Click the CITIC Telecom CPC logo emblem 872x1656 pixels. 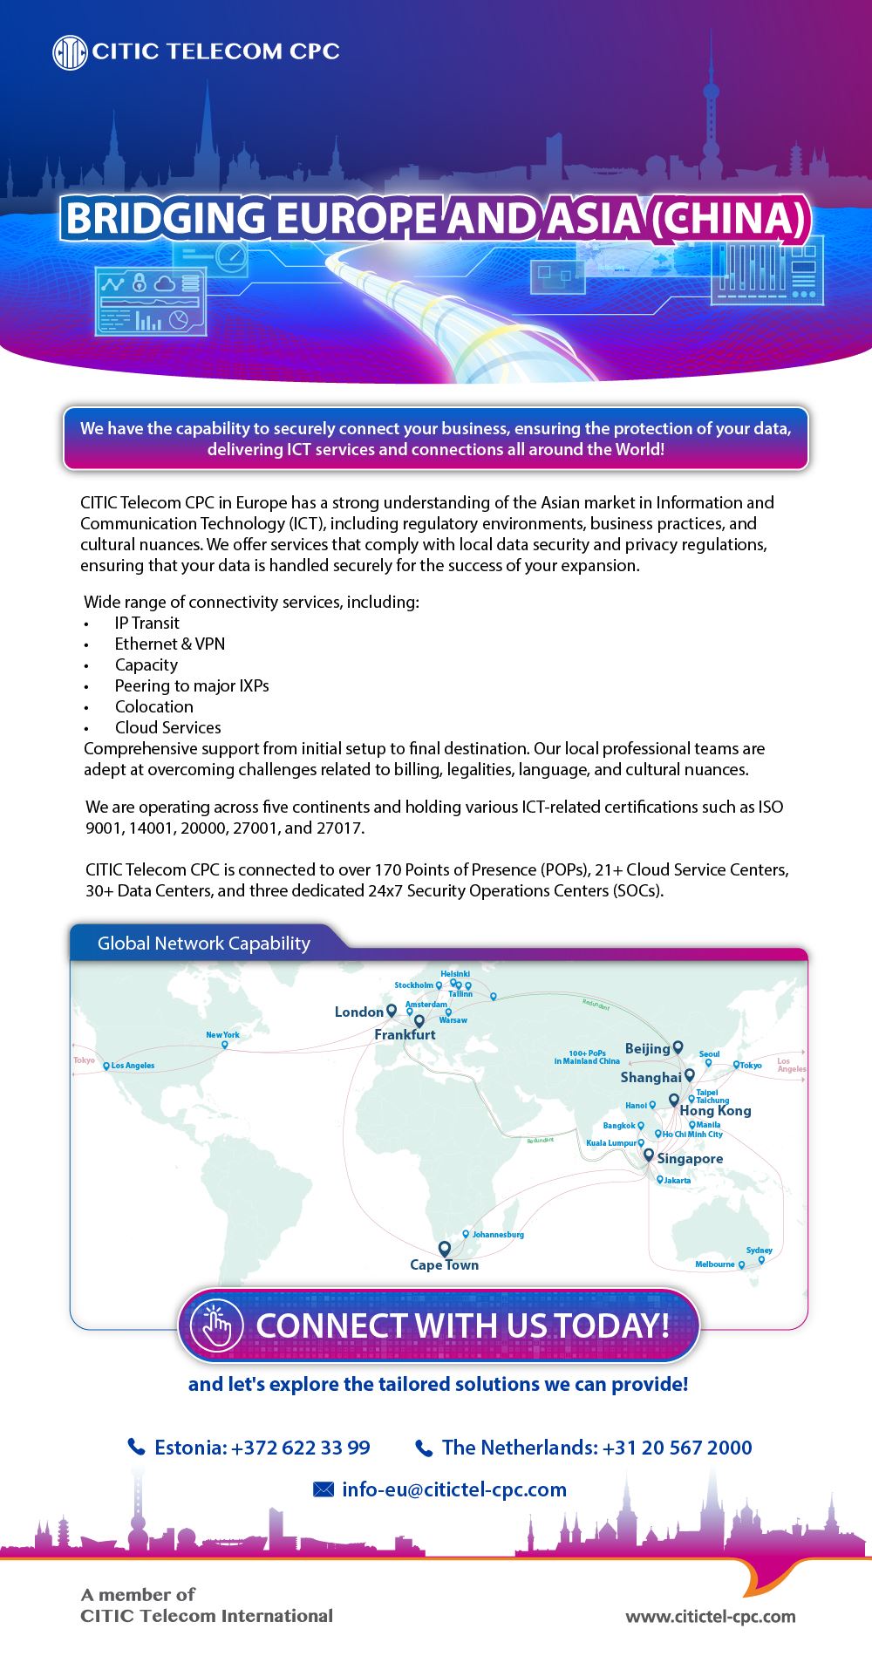pos(69,52)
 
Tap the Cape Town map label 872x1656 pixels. pos(444,1265)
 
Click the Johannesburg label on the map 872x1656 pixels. pos(498,1235)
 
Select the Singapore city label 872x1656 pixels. pos(690,1159)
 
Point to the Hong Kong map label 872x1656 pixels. pos(715,1111)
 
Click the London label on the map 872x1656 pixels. pos(358,1012)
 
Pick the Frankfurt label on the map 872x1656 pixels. pos(405,1035)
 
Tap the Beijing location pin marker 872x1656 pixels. pos(678,1047)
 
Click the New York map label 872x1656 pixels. pos(222,1035)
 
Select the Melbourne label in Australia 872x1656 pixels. pos(715,1264)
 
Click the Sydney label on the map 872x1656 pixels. pos(759,1251)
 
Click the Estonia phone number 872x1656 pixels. pos(262,1448)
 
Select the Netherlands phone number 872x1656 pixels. pos(596,1448)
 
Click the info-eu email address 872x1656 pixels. pos(454,1489)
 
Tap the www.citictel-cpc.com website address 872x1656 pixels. pos(710,1616)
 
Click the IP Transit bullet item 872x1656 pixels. pos(146,623)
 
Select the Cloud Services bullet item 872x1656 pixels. pos(167,727)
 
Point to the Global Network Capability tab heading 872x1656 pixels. pos(203,944)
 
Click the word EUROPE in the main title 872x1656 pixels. pos(358,219)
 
